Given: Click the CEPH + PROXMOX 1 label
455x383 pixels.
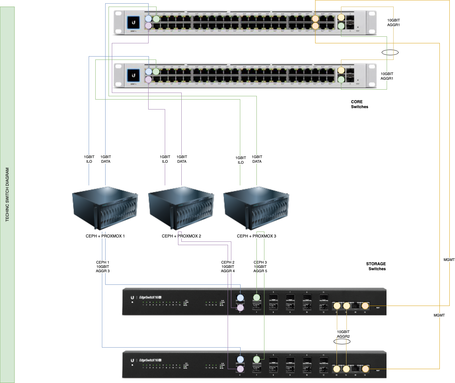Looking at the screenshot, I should point(105,236).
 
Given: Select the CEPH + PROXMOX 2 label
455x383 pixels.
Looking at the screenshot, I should point(181,236).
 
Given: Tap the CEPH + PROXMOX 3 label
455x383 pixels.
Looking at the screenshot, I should point(256,236).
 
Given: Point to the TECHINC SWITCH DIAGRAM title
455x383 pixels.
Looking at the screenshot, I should point(8,194).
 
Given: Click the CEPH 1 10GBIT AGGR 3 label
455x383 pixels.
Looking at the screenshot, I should point(103,267).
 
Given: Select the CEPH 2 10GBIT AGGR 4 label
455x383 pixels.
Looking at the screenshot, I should point(228,267).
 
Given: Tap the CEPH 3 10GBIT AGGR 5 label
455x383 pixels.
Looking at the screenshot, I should point(260,267).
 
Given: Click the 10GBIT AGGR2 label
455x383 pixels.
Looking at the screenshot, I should point(343,334).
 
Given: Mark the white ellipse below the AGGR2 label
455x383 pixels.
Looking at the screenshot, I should point(342,341).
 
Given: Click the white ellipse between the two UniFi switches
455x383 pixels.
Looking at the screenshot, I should point(390,52).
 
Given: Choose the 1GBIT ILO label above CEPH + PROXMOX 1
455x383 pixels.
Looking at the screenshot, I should point(89,159).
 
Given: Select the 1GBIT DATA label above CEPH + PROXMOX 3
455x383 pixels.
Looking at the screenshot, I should point(257,159).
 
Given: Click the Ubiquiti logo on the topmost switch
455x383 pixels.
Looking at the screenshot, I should point(134,22).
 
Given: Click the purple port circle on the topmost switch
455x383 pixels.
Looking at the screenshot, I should point(148,26).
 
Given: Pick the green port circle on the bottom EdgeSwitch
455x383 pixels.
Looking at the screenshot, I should point(256,359).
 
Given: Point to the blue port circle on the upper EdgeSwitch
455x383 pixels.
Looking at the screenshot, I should point(240,298).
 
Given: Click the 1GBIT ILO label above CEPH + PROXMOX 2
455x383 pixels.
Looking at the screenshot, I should point(165,159).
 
